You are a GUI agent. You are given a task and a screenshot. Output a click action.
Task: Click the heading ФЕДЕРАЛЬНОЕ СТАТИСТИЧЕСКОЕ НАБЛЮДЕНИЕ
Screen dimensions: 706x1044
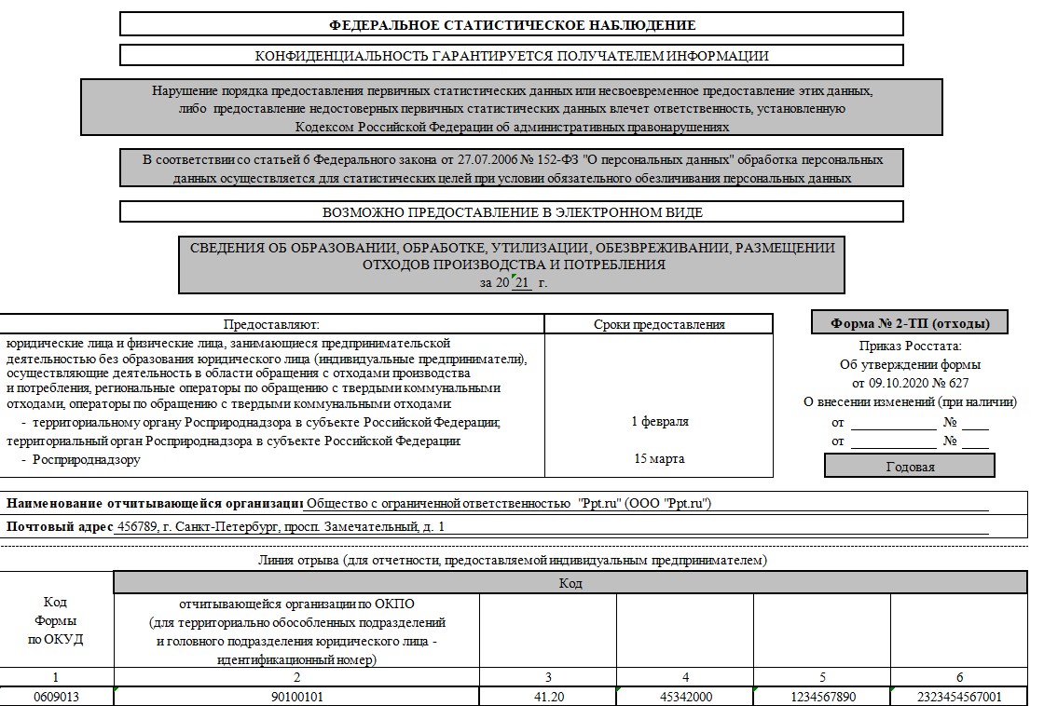pos(512,24)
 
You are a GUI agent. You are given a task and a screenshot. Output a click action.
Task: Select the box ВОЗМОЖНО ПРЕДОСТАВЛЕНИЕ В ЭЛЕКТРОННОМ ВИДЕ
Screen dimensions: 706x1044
pos(512,212)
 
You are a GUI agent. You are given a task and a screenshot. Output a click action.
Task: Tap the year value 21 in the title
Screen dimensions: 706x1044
pos(521,282)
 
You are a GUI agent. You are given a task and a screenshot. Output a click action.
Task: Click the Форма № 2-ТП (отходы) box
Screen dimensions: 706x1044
pos(910,323)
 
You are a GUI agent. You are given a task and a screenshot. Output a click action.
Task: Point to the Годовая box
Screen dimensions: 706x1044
pos(910,466)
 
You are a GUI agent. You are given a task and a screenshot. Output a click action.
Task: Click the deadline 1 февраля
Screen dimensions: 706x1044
pos(659,422)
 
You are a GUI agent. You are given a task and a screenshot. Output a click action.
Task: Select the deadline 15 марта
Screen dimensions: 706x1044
pos(659,459)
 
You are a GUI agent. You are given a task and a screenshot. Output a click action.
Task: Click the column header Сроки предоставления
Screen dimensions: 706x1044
pos(659,324)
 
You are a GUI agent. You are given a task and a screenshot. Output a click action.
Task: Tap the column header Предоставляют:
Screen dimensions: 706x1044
pos(271,324)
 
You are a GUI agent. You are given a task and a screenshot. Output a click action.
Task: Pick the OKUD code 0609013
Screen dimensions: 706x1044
pos(57,697)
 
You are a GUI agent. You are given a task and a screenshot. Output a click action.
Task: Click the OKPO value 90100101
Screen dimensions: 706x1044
pos(297,697)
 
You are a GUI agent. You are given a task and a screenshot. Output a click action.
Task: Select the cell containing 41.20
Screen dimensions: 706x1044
pos(547,697)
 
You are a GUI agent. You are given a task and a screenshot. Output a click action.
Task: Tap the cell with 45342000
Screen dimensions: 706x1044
pos(685,697)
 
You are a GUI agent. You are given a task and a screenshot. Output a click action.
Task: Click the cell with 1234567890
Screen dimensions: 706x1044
pos(821,697)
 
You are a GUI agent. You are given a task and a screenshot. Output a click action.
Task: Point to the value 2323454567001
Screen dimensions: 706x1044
pos(959,697)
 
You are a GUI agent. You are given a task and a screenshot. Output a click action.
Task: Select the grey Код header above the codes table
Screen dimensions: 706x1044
pos(570,584)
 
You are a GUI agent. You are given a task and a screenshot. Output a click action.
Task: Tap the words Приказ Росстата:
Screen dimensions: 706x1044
pos(909,346)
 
